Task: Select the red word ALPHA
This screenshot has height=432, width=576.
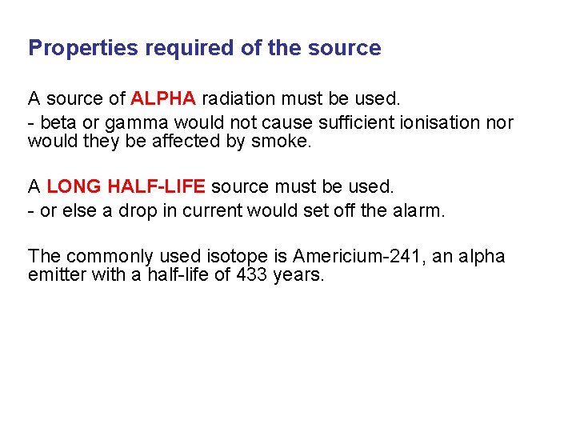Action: click(163, 99)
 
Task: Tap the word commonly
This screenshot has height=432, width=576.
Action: click(110, 256)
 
